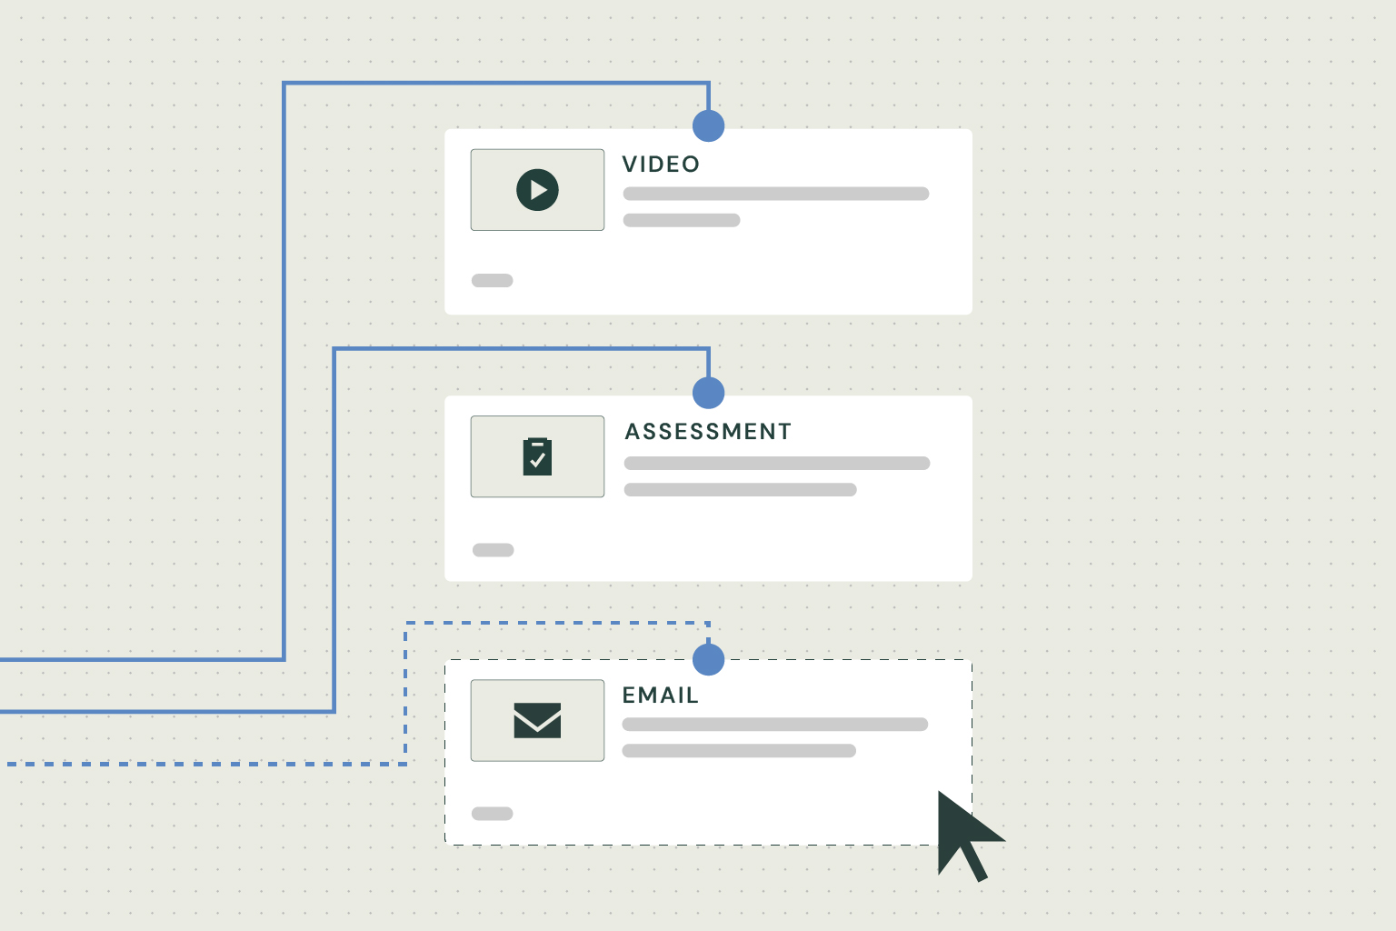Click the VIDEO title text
[661, 164]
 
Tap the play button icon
[537, 190]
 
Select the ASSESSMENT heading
[708, 431]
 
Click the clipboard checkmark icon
[537, 456]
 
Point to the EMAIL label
[660, 695]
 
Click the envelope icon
[537, 720]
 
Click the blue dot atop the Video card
[709, 126]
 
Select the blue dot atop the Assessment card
[709, 393]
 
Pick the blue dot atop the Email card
[709, 659]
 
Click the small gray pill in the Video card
[493, 281]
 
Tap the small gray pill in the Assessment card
[493, 550]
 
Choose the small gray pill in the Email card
[493, 814]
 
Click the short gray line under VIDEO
[682, 220]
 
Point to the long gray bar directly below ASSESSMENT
[777, 464]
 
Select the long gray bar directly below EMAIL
[775, 724]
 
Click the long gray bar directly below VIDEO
[776, 194]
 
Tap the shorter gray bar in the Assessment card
[741, 489]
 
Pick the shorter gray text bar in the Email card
[739, 751]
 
